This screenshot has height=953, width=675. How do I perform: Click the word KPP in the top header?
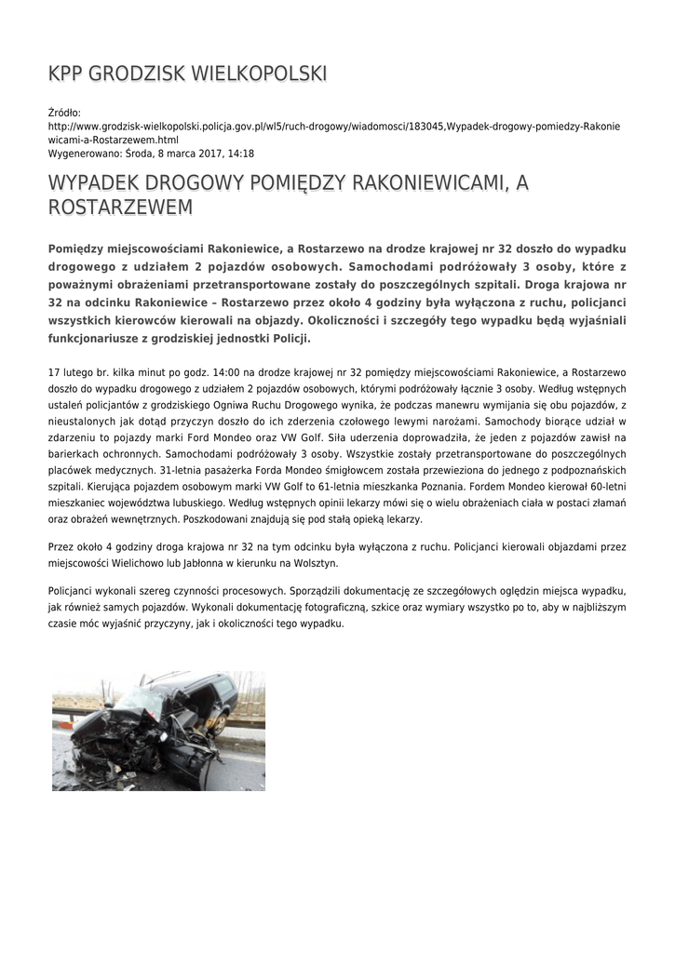pyautogui.click(x=66, y=74)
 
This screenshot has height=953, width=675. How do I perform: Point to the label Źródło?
pyautogui.click(x=64, y=112)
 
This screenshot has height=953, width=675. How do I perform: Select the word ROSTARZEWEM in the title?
pyautogui.click(x=120, y=207)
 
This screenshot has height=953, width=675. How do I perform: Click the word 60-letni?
pyautogui.click(x=603, y=486)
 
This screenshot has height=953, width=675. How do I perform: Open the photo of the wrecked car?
pyautogui.click(x=158, y=731)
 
